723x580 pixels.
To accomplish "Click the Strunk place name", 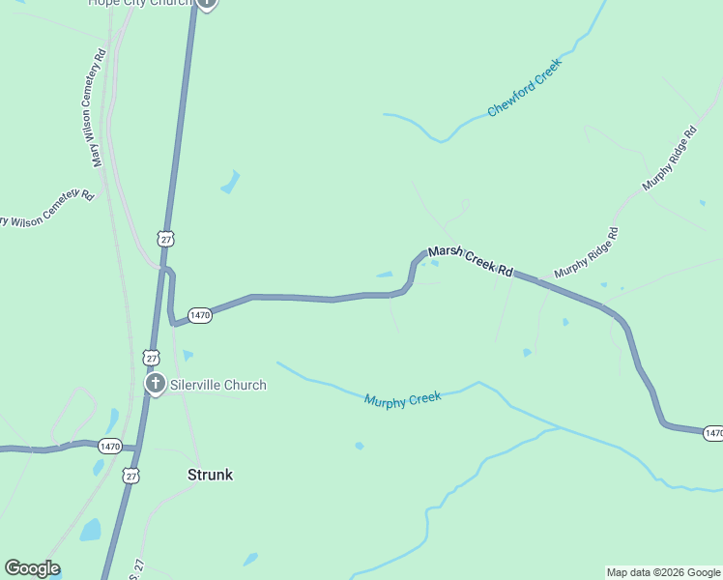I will coord(210,475).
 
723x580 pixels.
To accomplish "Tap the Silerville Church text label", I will coord(217,385).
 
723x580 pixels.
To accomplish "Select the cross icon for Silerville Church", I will coord(155,384).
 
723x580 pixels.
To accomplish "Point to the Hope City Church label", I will coord(139,3).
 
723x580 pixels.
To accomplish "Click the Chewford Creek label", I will coord(524,88).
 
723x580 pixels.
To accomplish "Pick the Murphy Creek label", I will coord(402,398).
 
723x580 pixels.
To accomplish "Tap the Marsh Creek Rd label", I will coord(470,259).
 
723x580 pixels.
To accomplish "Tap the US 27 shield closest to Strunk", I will coord(131,476).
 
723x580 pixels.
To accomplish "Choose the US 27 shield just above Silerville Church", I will coord(151,357).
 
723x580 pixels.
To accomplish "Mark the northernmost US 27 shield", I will coord(166,239).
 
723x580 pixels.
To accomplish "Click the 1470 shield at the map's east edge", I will coord(712,432).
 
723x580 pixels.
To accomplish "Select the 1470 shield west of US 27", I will coord(109,446).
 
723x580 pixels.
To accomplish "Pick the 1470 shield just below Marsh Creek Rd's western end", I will coord(200,315).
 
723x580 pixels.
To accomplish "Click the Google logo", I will coord(32,568).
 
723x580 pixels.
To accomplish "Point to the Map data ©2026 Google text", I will coord(663,572).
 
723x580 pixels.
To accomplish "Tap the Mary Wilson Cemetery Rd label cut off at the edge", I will coord(46,208).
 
